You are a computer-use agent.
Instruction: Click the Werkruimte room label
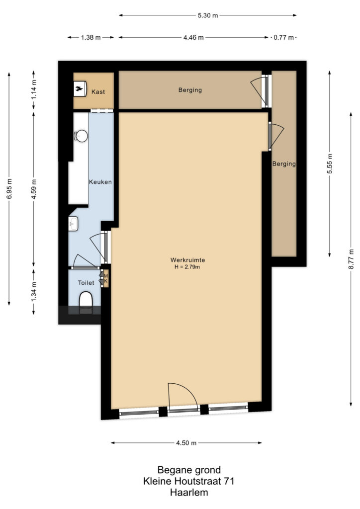click(x=187, y=259)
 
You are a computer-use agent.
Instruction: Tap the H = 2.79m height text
click(x=187, y=267)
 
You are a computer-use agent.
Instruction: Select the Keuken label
click(x=100, y=182)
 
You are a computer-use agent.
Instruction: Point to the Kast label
click(x=97, y=92)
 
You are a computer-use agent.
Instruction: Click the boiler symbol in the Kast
click(x=80, y=89)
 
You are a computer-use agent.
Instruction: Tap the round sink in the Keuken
click(x=80, y=136)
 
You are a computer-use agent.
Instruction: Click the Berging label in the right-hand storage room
click(x=284, y=164)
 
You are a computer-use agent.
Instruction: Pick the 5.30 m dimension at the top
click(x=208, y=15)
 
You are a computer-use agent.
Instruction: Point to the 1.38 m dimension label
click(x=91, y=37)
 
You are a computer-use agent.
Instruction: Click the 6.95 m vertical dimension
click(x=8, y=189)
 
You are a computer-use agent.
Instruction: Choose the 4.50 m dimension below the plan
click(x=186, y=443)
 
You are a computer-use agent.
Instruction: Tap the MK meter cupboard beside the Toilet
click(x=105, y=278)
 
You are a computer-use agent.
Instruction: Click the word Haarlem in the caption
click(x=188, y=493)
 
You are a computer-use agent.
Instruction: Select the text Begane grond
click(x=188, y=470)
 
